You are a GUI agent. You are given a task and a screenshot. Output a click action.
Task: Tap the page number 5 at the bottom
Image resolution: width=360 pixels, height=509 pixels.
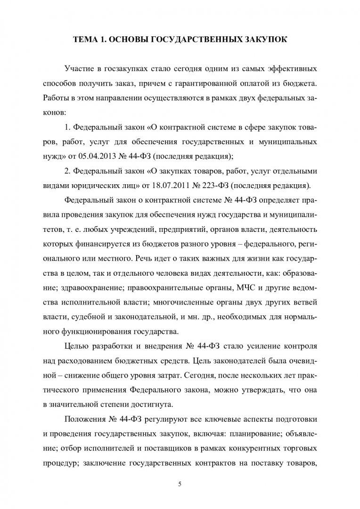coord(180,483)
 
